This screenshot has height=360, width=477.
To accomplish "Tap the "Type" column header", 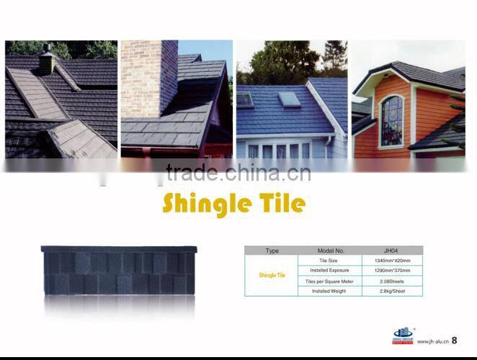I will click(x=272, y=251).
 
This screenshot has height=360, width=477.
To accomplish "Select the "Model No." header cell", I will click(x=329, y=251).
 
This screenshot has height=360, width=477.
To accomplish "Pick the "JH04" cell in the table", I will click(x=392, y=251).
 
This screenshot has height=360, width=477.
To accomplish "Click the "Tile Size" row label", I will click(x=329, y=260).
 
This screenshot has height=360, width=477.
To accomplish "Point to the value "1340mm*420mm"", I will click(x=392, y=260).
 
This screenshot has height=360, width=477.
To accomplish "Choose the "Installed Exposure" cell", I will click(x=329, y=270).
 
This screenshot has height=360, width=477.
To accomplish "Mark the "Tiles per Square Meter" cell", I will click(x=329, y=281).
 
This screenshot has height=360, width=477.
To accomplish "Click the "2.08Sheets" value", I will click(x=392, y=281).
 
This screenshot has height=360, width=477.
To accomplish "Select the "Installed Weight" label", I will click(x=329, y=291).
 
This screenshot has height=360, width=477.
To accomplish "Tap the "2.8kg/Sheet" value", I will click(x=392, y=291).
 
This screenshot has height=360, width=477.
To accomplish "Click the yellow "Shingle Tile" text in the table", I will click(x=272, y=275).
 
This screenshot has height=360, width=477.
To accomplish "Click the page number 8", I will click(x=454, y=341).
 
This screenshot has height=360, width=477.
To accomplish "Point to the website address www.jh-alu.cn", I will click(x=432, y=342).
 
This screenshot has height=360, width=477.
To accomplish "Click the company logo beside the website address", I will click(x=401, y=336).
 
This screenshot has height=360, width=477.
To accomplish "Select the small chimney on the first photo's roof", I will click(x=47, y=61).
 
